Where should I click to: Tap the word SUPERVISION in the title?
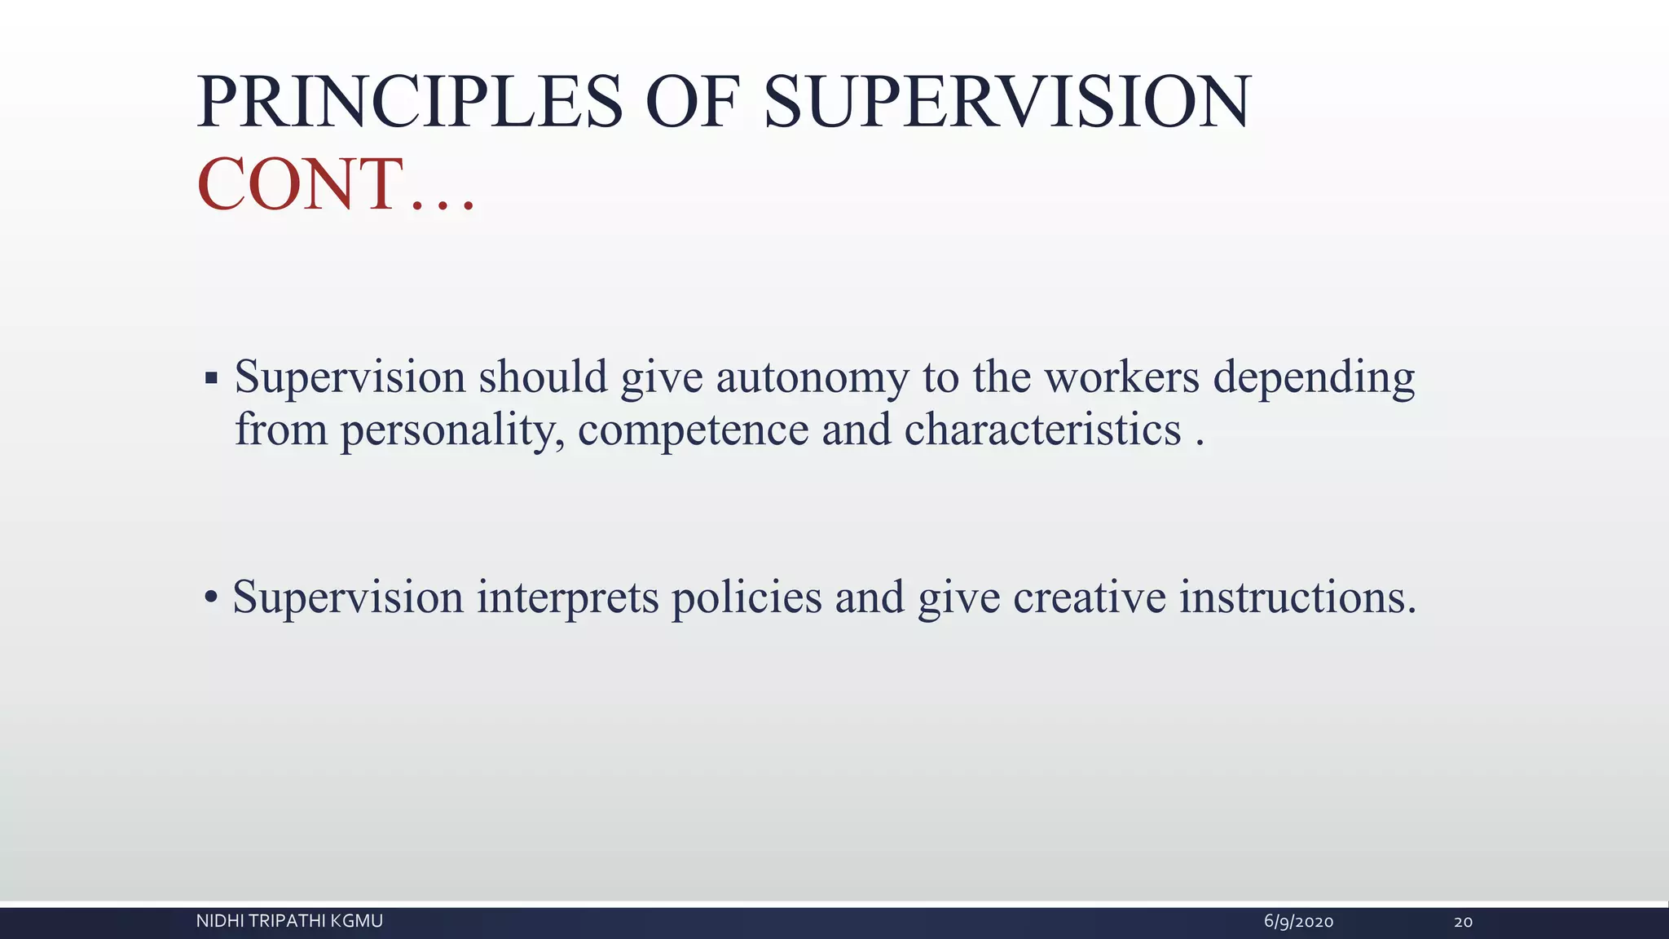click(x=1006, y=103)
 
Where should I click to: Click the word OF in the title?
click(x=693, y=103)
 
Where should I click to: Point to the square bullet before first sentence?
click(x=211, y=378)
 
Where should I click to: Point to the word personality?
click(x=452, y=430)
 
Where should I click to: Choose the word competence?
click(x=693, y=430)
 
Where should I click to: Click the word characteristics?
click(x=1042, y=430)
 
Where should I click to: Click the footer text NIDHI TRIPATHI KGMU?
click(x=289, y=922)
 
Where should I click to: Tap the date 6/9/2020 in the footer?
click(x=1298, y=922)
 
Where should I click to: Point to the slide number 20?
click(x=1463, y=922)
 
